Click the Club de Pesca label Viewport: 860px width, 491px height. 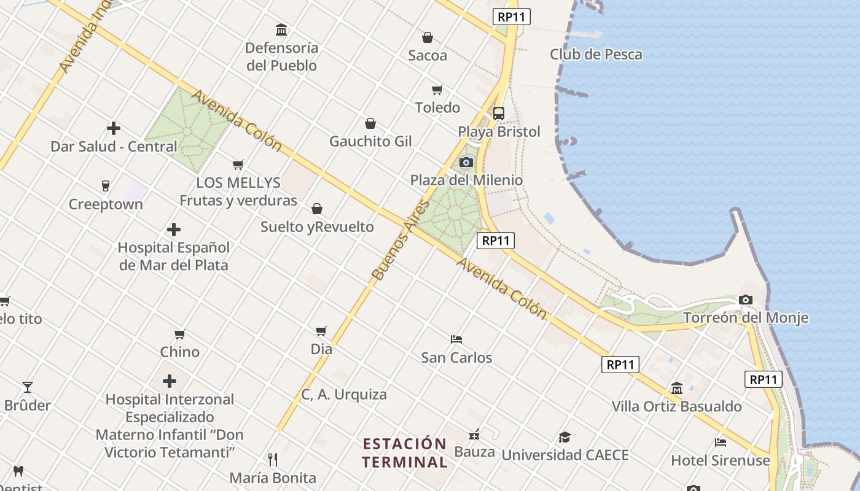[596, 55]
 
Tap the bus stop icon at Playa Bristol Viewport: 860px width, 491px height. [498, 114]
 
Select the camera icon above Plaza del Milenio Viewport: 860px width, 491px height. [466, 162]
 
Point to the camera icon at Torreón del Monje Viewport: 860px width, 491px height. [746, 300]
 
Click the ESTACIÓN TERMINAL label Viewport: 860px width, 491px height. [404, 452]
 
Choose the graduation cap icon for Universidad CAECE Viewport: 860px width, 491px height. [565, 437]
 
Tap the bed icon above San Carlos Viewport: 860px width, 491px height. [456, 339]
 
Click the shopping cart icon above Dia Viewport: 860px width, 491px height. [321, 331]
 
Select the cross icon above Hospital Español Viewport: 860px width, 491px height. [174, 230]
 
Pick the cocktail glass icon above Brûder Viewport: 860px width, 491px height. [28, 387]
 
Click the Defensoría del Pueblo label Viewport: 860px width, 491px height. [281, 56]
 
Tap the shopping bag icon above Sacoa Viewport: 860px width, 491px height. [428, 37]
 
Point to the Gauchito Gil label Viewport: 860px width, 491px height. [370, 141]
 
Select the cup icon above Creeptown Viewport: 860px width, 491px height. [105, 185]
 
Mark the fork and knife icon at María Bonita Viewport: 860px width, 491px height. [273, 459]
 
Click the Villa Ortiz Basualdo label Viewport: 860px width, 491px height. [676, 406]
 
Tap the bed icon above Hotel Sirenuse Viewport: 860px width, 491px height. [721, 442]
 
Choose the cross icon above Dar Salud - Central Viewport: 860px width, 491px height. [114, 128]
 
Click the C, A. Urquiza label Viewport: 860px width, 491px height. [344, 395]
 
